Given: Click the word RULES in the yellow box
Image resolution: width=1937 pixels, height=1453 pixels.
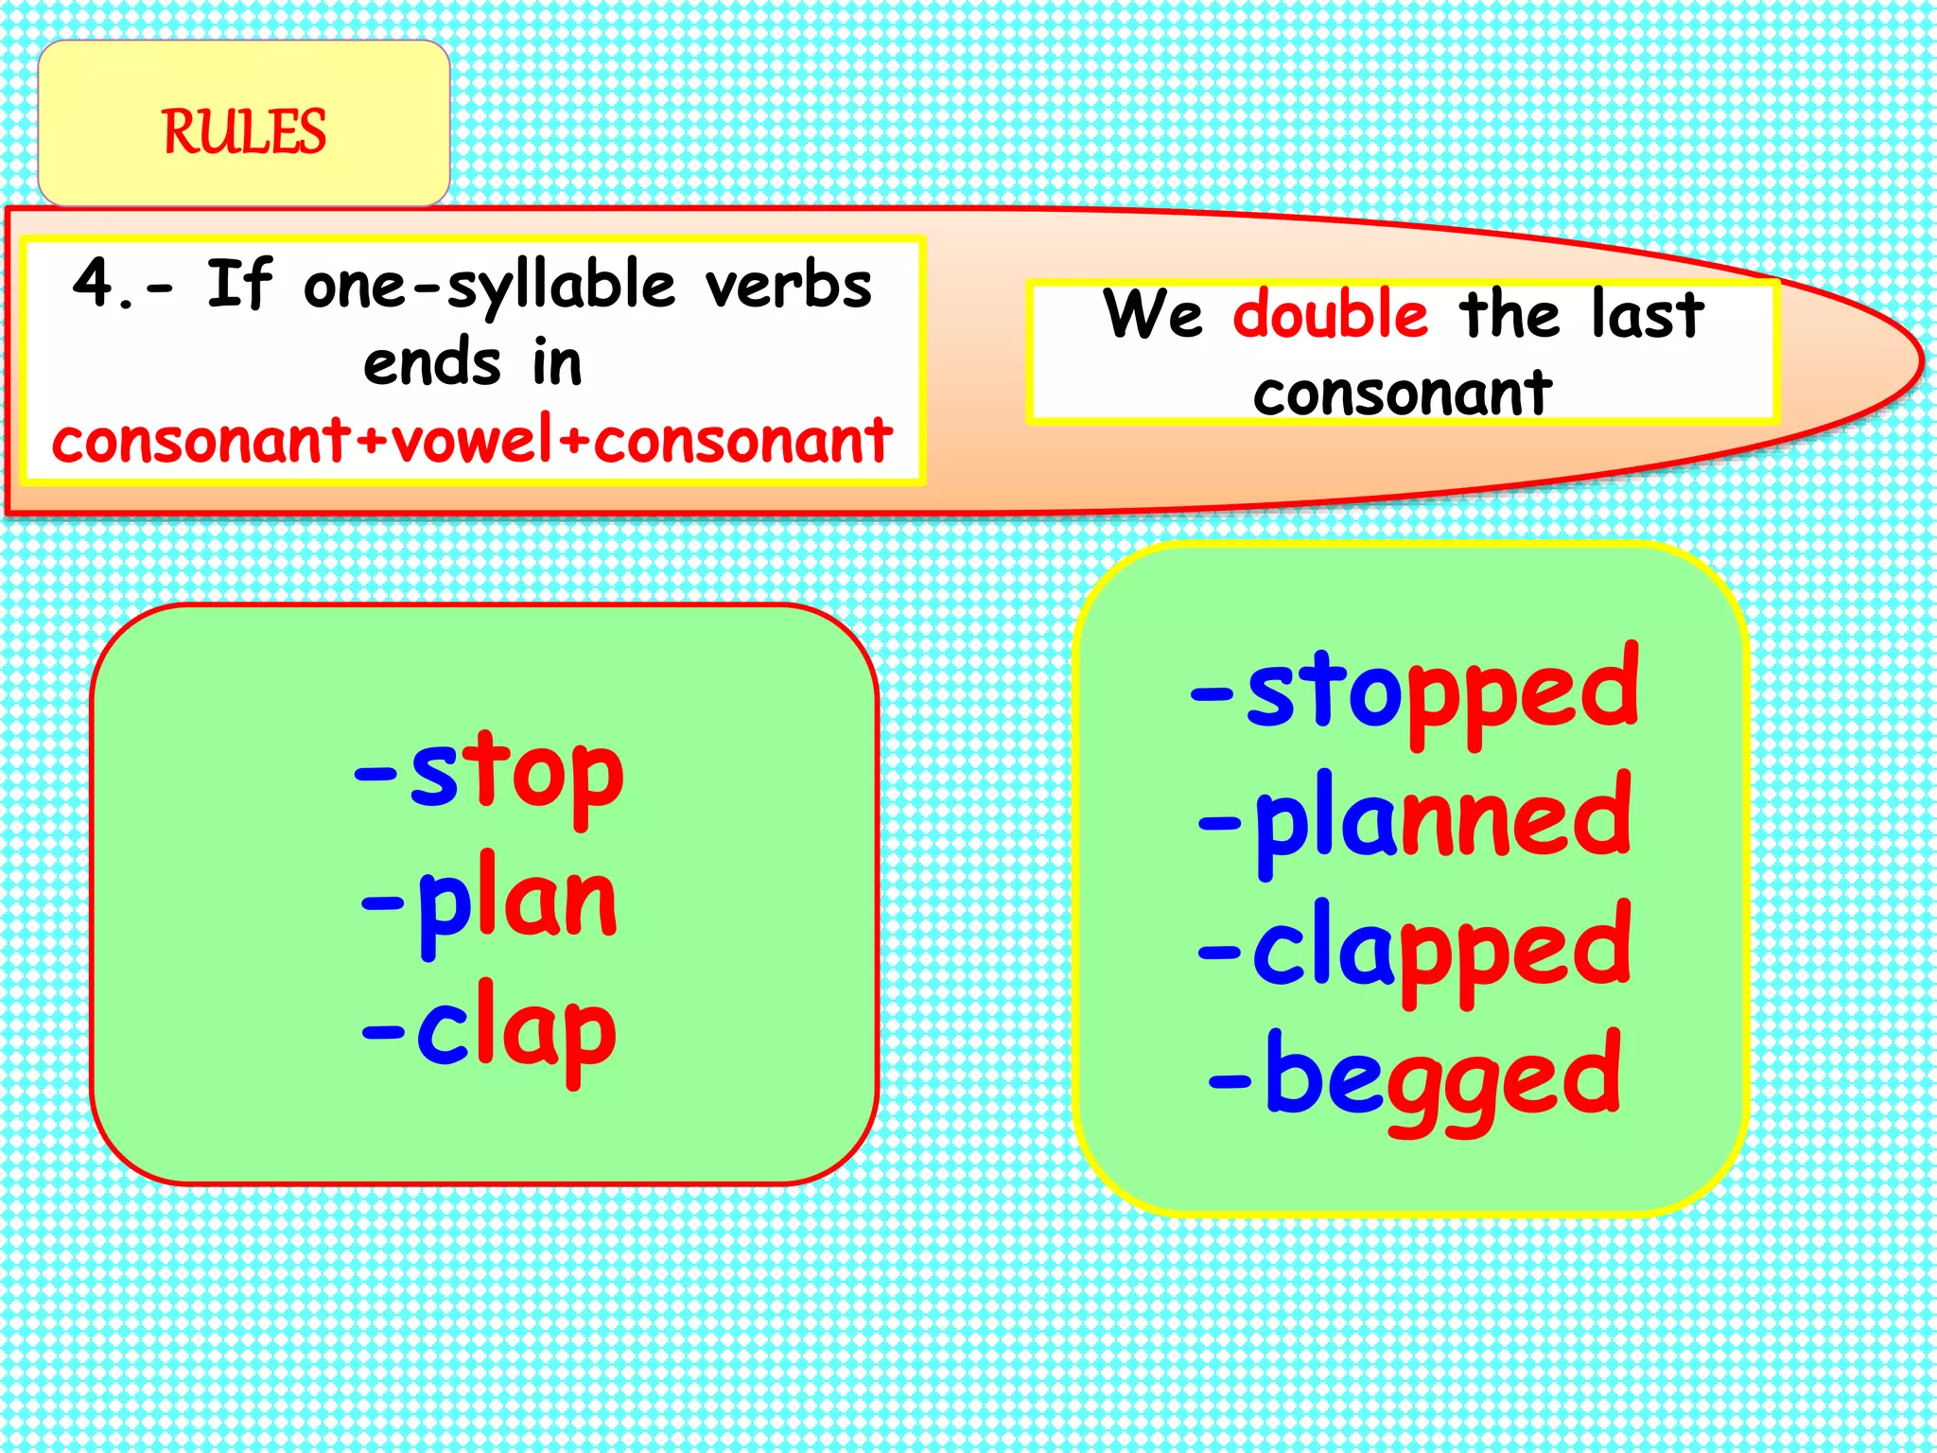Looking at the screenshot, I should point(244,131).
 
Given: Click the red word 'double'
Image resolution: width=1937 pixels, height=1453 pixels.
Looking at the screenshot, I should point(1330,314).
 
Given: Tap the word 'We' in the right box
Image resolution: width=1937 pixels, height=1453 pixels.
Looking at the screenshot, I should point(1153,314).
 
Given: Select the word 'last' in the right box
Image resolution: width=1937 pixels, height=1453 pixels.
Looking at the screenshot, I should point(1647,314).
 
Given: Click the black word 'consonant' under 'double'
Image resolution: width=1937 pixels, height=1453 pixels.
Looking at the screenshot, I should point(1403,393).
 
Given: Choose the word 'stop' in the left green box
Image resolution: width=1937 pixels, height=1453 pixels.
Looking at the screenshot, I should point(516,775).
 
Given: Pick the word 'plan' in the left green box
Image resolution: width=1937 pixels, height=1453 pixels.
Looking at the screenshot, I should point(516,903).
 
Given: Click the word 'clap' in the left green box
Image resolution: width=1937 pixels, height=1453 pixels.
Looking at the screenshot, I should point(516,1032).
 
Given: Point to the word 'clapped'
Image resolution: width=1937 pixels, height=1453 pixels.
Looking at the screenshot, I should point(1441,950).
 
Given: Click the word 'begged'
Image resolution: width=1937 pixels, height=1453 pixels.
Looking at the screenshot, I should point(1441,1078).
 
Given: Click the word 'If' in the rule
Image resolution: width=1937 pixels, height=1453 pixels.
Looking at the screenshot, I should point(239,283).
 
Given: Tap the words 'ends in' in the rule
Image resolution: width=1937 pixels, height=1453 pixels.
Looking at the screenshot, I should point(472,363).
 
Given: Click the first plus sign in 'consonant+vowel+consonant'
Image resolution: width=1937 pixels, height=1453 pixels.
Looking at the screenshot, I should point(373,442).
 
